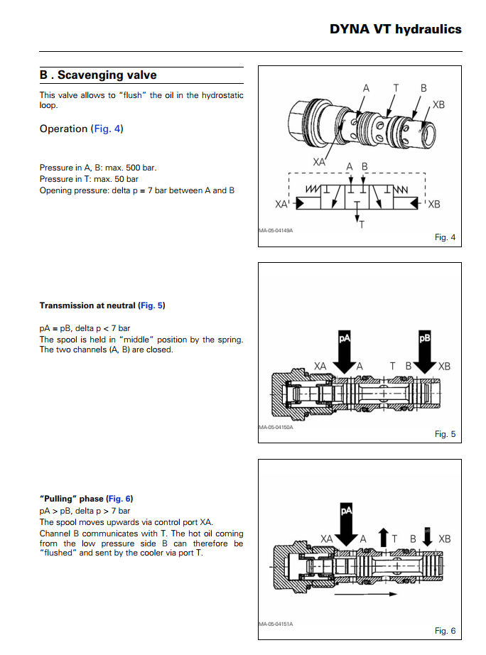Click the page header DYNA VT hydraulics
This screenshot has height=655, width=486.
[x=395, y=29]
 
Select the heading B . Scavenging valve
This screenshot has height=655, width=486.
[x=98, y=75]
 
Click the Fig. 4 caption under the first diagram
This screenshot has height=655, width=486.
[x=445, y=237]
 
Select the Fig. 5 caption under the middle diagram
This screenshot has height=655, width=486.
[x=445, y=434]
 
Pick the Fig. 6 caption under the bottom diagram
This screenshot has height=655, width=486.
[x=445, y=630]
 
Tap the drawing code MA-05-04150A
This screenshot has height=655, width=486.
[x=276, y=427]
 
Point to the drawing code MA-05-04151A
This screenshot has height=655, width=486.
[x=276, y=624]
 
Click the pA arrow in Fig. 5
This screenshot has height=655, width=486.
[x=345, y=350]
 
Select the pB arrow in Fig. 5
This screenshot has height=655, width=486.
[x=425, y=350]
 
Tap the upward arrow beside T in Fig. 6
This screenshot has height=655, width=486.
[x=384, y=537]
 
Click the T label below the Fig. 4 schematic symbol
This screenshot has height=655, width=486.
[x=362, y=225]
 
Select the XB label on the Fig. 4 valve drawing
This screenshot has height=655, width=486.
[x=438, y=104]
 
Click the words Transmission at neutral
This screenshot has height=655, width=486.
[x=87, y=305]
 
